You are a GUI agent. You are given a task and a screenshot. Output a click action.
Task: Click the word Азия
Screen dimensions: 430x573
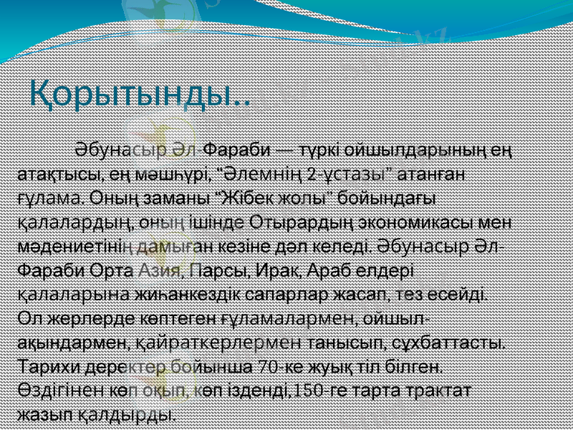click(159, 270)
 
